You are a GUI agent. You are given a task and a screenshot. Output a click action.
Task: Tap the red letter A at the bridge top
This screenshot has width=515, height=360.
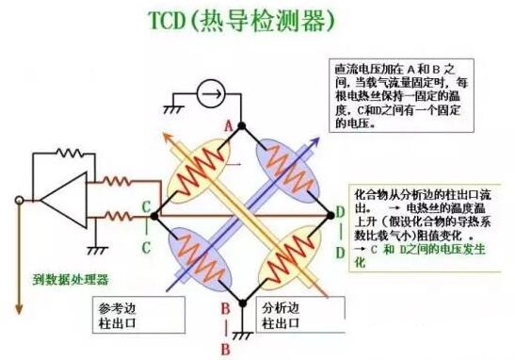coord(228,123)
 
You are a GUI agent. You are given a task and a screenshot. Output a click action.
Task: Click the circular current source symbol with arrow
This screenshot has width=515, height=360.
coord(210,92)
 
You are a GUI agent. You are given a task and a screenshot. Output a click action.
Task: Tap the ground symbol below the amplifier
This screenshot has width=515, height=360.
coord(94,248)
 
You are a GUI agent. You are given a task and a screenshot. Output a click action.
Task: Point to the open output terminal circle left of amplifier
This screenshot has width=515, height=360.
coord(16,200)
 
